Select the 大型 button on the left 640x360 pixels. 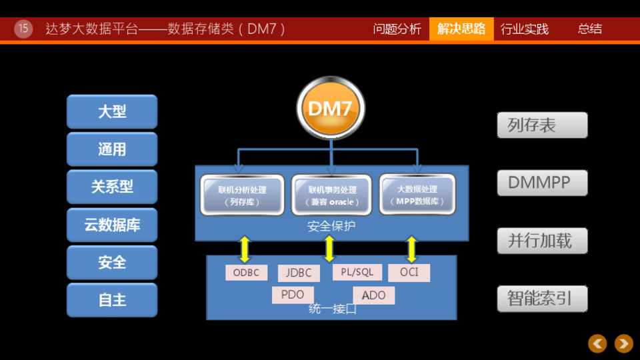[112, 111]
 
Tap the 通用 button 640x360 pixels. [112, 149]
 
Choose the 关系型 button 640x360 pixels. [112, 187]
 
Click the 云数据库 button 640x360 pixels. [112, 225]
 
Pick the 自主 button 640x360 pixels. [112, 300]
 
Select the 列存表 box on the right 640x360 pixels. [542, 125]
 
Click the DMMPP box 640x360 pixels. [542, 183]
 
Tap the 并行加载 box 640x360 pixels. [542, 241]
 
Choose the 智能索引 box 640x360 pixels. [542, 298]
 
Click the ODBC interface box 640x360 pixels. [246, 273]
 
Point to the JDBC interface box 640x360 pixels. [299, 273]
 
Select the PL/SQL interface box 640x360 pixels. [357, 272]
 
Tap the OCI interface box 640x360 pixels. [409, 272]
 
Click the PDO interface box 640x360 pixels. [293, 295]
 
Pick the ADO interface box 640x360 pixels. [373, 295]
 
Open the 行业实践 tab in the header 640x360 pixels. [525, 29]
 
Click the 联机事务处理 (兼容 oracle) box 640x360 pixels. [332, 195]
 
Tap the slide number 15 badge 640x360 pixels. [23, 29]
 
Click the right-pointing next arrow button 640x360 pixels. [623, 343]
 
